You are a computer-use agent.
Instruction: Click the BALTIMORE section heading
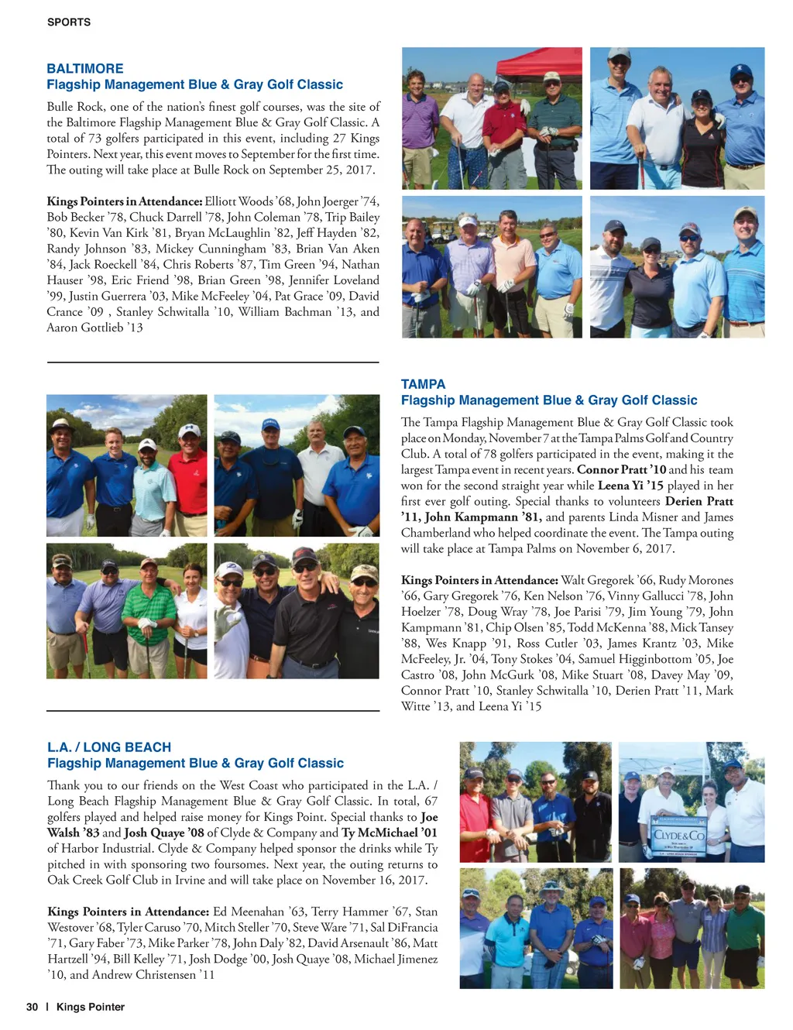coord(85,68)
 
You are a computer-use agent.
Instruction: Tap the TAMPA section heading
coord(423,384)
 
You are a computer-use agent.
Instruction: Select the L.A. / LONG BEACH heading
coord(109,747)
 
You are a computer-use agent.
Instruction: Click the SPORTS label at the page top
coord(69,22)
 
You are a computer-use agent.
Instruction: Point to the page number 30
coord(32,1007)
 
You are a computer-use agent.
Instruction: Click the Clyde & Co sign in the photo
coord(679,836)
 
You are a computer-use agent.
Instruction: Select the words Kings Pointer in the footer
coord(91,1007)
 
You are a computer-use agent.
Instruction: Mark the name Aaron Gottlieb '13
coord(94,328)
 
